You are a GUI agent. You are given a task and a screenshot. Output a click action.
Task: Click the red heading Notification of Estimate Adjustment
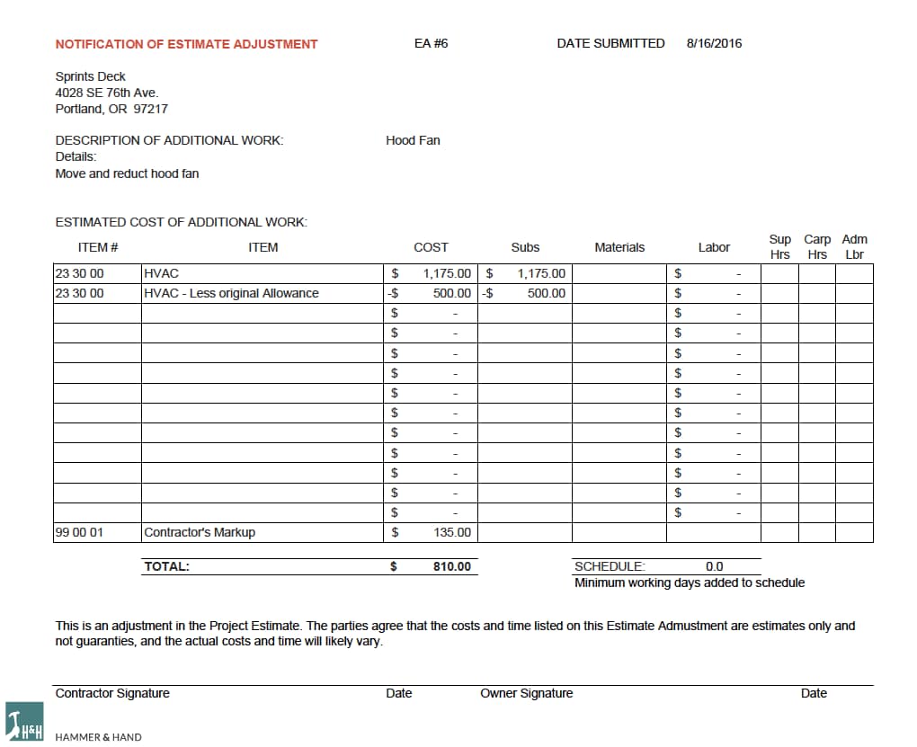pos(186,44)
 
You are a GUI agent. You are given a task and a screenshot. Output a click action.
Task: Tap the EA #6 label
pos(431,43)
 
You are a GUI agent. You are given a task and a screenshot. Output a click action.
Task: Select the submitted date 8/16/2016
pos(714,43)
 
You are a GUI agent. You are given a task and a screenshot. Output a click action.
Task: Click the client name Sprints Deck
pos(90,76)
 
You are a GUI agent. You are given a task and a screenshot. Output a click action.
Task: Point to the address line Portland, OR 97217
pos(111,109)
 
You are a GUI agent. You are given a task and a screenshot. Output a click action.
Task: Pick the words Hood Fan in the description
pos(413,140)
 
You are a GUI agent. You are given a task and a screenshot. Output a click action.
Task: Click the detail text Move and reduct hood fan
pos(127,173)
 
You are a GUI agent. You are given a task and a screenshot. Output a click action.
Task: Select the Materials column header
pos(619,247)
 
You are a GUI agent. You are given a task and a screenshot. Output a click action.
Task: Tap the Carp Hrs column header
pos(817,246)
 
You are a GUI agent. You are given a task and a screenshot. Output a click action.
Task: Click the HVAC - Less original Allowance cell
pos(231,293)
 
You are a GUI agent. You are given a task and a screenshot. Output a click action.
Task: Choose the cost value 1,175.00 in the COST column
pos(447,273)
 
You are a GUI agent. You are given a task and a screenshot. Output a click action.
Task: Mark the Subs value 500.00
pos(546,293)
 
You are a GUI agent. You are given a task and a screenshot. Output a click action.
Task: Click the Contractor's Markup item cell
pos(200,532)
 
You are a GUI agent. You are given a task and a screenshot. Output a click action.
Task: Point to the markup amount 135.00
pos(452,532)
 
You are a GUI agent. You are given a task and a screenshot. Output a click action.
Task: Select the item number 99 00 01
pos(79,532)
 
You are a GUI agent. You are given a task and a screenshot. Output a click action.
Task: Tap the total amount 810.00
pos(451,567)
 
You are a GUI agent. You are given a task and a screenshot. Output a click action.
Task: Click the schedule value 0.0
pos(714,567)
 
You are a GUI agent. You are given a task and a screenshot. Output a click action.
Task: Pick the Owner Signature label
pos(526,693)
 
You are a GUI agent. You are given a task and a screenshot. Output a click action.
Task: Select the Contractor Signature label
pos(112,693)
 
